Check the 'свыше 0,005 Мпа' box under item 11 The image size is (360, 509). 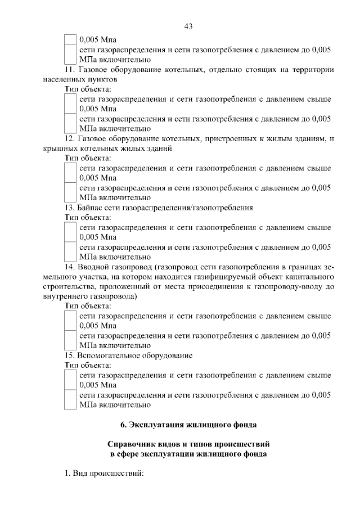pos(70,103)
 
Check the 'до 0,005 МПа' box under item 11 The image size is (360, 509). pos(70,123)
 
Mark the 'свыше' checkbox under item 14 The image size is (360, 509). pos(70,320)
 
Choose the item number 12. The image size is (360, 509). pos(69,138)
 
